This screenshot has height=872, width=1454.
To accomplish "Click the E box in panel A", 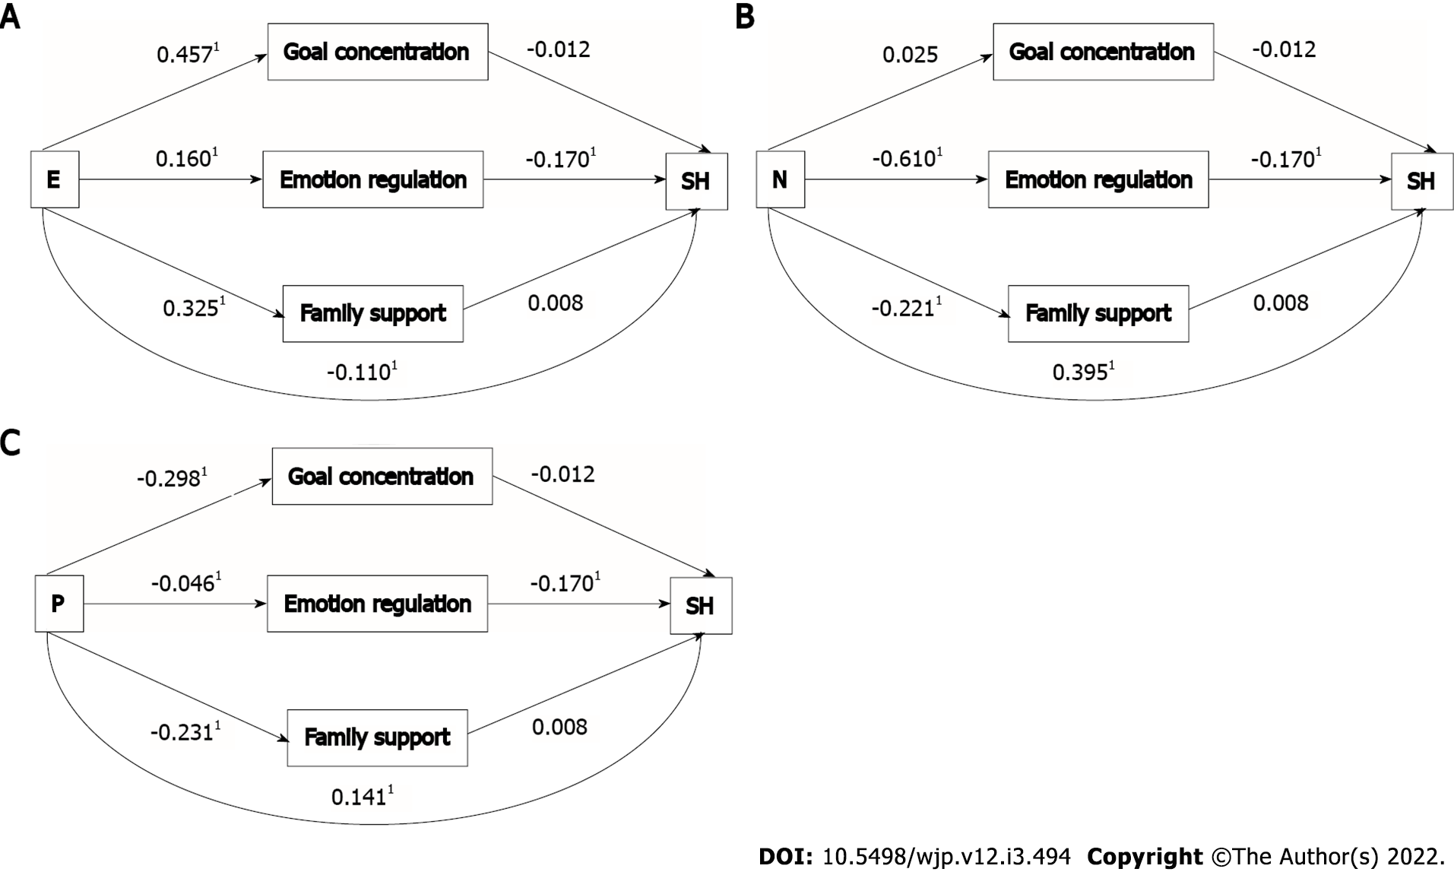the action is click(55, 179).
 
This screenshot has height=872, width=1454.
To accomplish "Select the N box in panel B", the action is click(780, 179).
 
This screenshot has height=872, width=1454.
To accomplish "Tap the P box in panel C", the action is click(59, 604).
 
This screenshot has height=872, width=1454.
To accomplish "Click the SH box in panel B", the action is click(1421, 181).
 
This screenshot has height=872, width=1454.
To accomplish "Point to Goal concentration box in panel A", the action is click(378, 52).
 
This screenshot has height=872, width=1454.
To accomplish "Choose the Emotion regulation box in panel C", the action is click(377, 604).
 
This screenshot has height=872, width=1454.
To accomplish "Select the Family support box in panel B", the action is click(1098, 313).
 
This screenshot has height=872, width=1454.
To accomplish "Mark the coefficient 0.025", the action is click(910, 55).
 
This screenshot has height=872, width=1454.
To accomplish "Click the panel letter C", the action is click(10, 442).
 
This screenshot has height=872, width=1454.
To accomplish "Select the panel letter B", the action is click(745, 17).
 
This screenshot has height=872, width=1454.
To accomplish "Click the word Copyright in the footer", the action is click(1145, 857).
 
